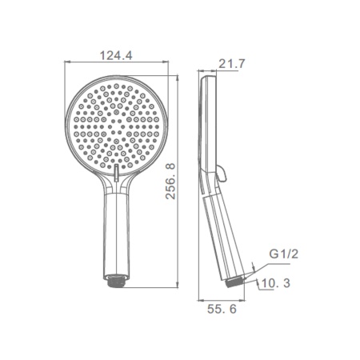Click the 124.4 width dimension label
[x=116, y=55]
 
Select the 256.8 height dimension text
[x=170, y=182]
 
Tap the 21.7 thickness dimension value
[x=231, y=64]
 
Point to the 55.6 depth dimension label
[x=222, y=309]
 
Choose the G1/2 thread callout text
[x=283, y=254]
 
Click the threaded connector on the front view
[x=116, y=281]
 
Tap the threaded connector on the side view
[x=235, y=282]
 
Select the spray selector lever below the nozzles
[x=117, y=173]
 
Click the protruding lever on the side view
[x=222, y=173]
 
